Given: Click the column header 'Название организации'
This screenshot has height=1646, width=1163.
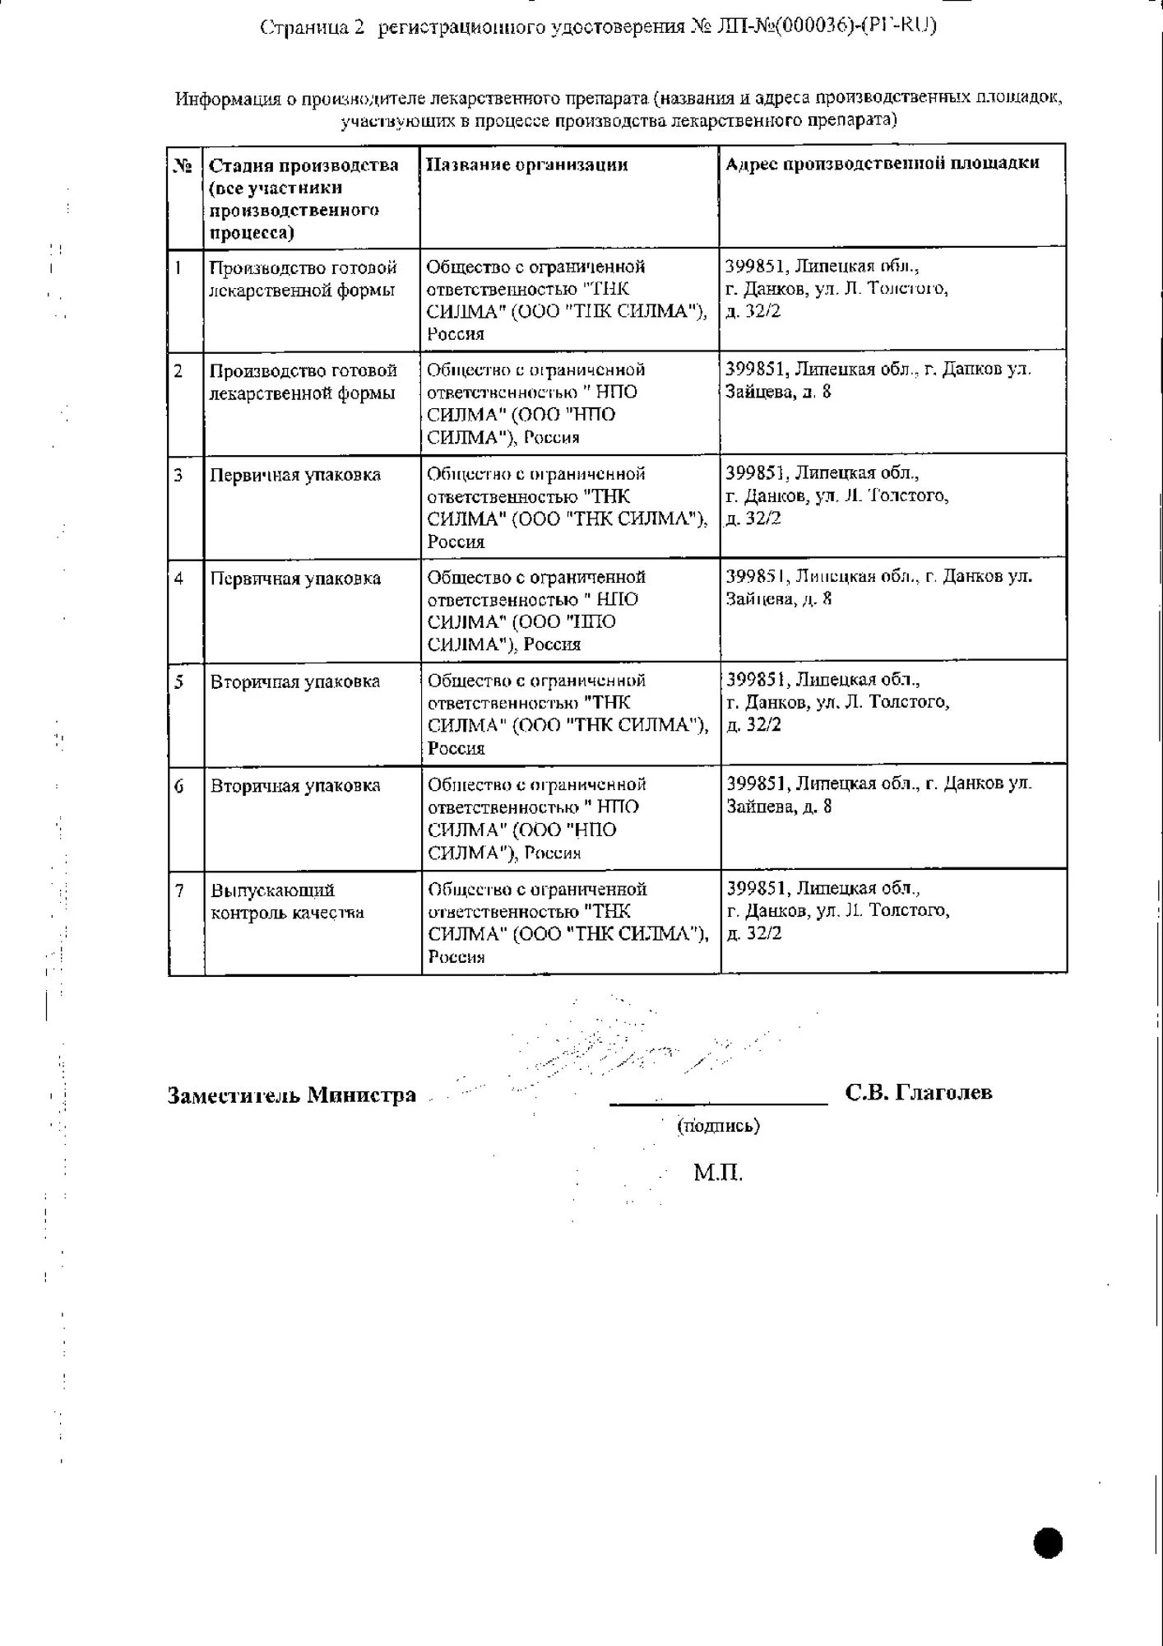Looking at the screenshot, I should pyautogui.click(x=526, y=165).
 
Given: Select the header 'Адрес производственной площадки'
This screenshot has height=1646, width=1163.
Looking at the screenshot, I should pyautogui.click(x=882, y=163).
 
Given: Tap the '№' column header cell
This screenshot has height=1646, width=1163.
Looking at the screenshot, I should pyautogui.click(x=183, y=165).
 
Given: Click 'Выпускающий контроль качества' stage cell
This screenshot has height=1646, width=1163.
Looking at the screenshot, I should pyautogui.click(x=287, y=901).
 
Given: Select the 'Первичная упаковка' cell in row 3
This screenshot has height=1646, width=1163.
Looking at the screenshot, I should pyautogui.click(x=295, y=475).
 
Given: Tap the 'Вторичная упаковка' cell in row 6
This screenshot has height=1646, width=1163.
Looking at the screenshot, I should pyautogui.click(x=295, y=786).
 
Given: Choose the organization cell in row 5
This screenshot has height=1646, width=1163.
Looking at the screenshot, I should pyautogui.click(x=568, y=714).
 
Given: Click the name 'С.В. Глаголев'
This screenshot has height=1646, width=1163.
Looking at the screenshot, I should pyautogui.click(x=918, y=1092).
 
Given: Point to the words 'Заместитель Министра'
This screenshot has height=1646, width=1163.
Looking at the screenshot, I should pyautogui.click(x=291, y=1095).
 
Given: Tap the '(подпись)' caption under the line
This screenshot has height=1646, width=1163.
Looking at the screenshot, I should pyautogui.click(x=718, y=1125).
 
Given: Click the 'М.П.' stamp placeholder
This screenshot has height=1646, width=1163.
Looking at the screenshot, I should pyautogui.click(x=717, y=1172).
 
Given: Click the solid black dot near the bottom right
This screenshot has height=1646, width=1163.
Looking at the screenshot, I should pyautogui.click(x=1048, y=1542).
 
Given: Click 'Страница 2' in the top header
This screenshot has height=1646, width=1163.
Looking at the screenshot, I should pyautogui.click(x=312, y=27).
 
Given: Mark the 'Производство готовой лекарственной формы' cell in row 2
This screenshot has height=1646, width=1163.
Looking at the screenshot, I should pyautogui.click(x=303, y=382).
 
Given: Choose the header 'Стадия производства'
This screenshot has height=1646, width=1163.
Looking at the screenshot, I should pyautogui.click(x=303, y=165).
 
